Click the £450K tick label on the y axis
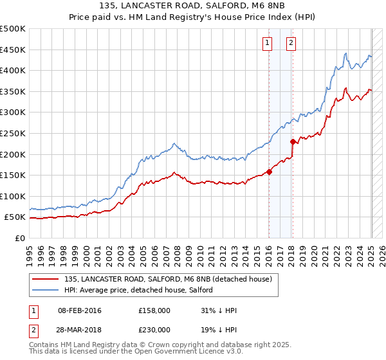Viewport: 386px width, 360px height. click(13, 50)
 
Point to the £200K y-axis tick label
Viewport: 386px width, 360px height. click(13, 154)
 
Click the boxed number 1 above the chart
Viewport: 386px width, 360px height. click(267, 43)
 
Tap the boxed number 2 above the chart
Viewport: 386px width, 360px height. click(291, 43)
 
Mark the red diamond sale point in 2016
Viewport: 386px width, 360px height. click(269, 172)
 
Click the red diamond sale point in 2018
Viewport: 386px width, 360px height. click(293, 141)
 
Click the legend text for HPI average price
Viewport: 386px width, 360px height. click(142, 291)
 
